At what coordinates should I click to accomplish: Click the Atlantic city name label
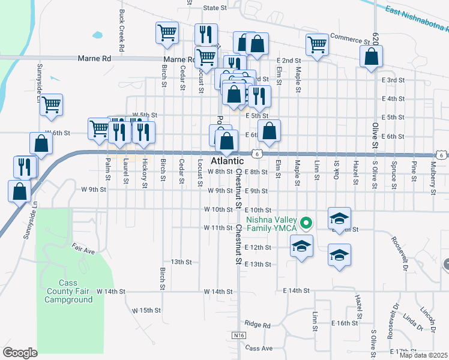(x=228, y=161)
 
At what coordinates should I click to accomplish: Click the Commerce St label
(x=350, y=38)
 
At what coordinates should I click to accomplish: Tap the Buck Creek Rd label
(x=122, y=29)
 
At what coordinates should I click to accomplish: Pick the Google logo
(x=20, y=352)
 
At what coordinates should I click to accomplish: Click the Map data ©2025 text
(x=423, y=355)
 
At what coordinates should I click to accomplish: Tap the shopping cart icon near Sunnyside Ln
(x=52, y=104)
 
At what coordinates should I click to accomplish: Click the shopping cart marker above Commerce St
(x=316, y=43)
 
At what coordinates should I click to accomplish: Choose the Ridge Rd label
(x=259, y=325)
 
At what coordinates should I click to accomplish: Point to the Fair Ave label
(x=84, y=248)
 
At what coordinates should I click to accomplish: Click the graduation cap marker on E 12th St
(x=301, y=245)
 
